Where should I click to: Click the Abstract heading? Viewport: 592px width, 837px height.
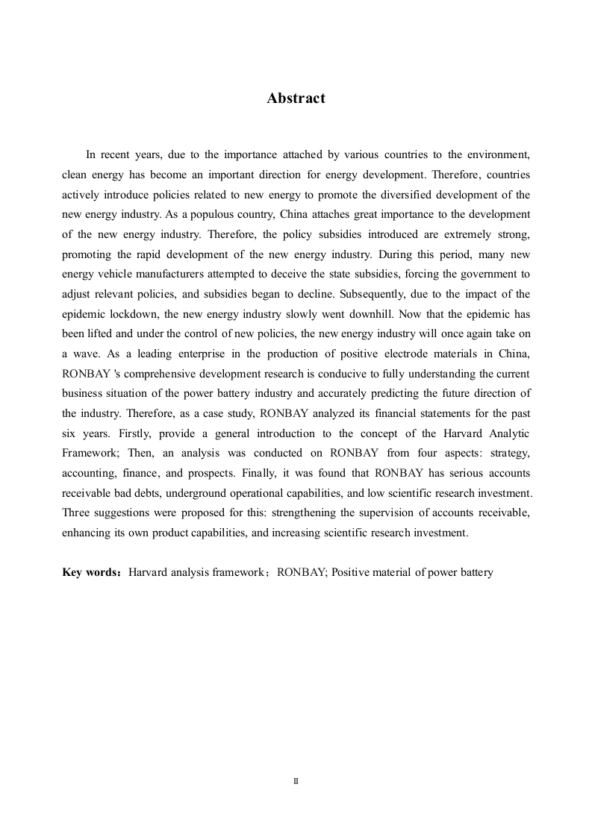[296, 98]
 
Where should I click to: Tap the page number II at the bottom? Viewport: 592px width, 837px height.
[296, 781]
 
